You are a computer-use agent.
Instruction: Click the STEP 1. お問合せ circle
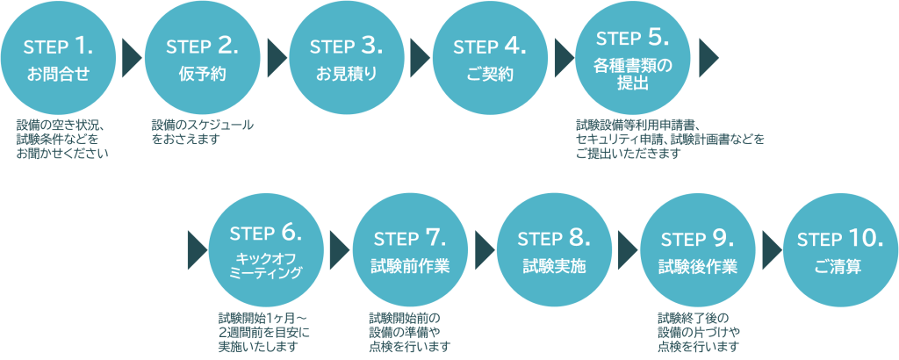tap(58, 59)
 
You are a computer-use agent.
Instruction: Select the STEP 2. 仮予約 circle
tap(202, 59)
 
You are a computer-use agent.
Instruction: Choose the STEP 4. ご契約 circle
tap(490, 59)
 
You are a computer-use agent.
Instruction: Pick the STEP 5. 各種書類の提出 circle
tap(632, 59)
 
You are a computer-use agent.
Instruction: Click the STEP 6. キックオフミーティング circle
tap(265, 251)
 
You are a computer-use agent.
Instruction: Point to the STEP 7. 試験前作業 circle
tap(410, 251)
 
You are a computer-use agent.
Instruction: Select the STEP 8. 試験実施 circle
tap(553, 251)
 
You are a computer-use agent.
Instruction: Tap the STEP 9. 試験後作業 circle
tap(697, 251)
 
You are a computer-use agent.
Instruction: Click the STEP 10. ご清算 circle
tap(840, 251)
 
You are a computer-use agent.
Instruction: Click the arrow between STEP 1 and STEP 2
tap(131, 57)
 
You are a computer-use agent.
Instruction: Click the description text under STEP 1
tap(61, 140)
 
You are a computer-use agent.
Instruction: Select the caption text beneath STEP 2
tap(202, 132)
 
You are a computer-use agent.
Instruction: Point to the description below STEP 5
tap(669, 140)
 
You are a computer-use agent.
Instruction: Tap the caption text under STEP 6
tap(264, 331)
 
